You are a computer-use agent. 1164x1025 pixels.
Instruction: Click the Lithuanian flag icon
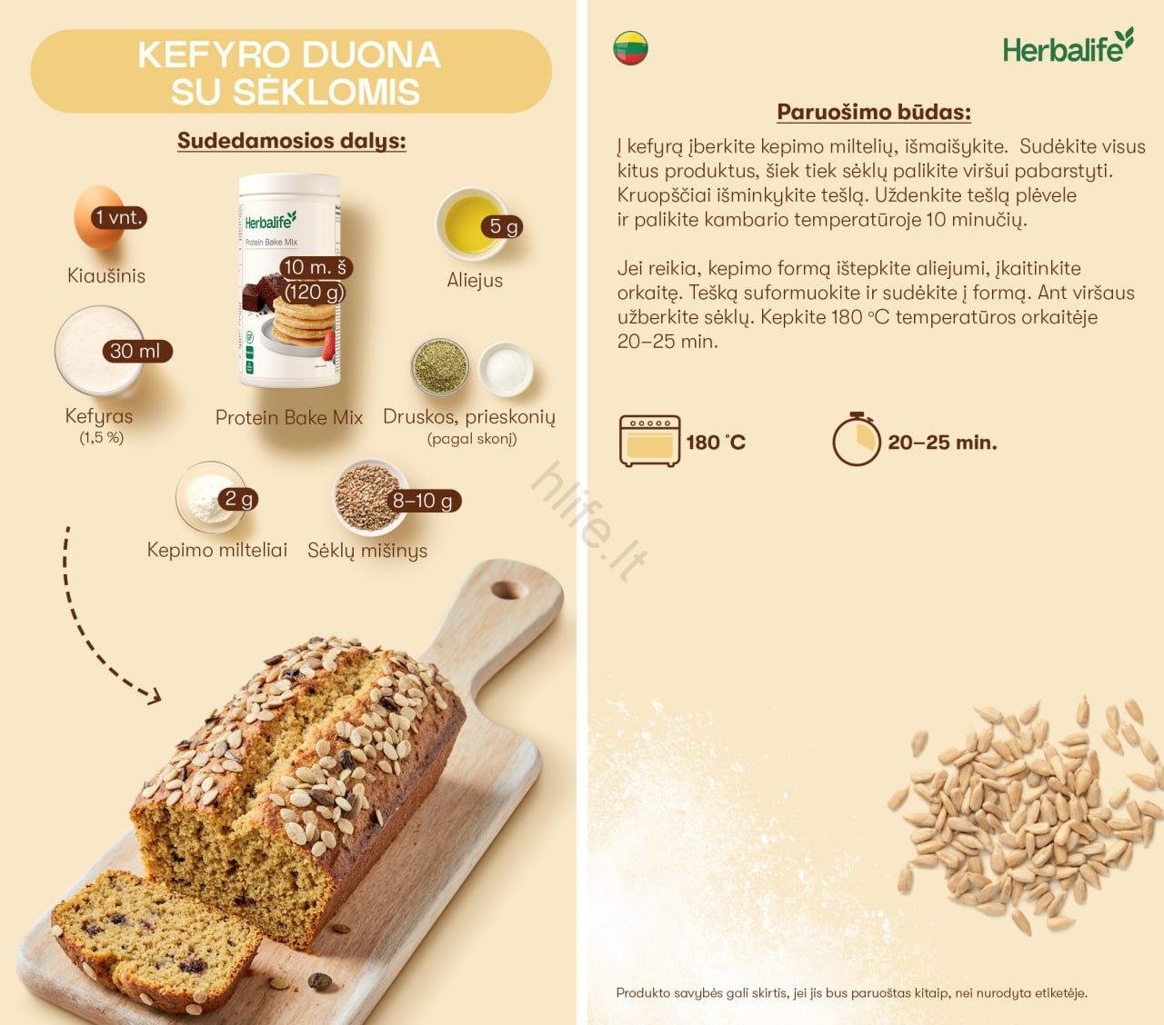coord(631,48)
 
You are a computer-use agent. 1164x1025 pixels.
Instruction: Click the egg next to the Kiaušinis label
coord(95,218)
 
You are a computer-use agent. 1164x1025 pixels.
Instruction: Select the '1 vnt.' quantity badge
coord(119,218)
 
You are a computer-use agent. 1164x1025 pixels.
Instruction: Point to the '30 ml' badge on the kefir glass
coord(135,351)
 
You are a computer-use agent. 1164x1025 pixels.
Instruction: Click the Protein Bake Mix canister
coord(288,282)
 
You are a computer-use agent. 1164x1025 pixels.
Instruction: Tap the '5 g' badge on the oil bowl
coord(503,226)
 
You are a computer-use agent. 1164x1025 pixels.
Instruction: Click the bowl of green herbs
coord(440,366)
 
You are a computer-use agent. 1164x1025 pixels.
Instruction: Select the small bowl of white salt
coord(505,368)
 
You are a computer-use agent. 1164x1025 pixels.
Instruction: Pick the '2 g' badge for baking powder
coord(239,499)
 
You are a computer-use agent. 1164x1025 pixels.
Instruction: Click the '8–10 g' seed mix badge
coord(422,501)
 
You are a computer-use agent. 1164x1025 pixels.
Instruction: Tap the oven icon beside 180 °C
coord(649,442)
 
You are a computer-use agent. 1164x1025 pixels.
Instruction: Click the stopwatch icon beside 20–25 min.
coord(856,440)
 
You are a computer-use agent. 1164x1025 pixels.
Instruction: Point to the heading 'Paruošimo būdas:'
coord(873,113)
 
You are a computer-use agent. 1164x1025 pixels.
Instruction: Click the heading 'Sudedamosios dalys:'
coord(291,141)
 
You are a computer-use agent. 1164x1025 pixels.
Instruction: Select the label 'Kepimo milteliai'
coord(216,550)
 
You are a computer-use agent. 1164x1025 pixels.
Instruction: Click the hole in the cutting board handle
coord(503,591)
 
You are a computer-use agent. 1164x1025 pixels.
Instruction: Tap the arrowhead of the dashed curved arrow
coord(153,695)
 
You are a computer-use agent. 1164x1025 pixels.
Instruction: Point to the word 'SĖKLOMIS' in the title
coord(296,93)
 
